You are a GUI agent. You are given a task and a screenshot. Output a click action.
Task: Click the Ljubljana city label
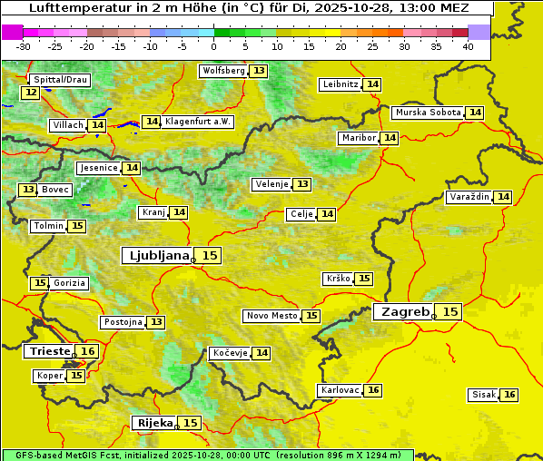[157, 256]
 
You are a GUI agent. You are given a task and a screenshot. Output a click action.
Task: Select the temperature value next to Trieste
[88, 351]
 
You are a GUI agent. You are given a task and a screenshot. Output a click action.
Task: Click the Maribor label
[358, 138]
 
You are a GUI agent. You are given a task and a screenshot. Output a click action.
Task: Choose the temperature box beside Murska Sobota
[475, 113]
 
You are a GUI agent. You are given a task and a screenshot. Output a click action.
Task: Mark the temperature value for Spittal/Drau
[31, 93]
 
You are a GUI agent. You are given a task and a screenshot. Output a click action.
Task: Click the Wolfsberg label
[223, 71]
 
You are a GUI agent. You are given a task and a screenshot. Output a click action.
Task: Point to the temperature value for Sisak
[509, 395]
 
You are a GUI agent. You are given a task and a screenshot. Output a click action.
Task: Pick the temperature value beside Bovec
[29, 190]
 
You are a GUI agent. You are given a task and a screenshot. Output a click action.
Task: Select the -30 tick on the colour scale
[24, 46]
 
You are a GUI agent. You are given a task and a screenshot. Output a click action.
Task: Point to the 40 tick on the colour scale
[468, 46]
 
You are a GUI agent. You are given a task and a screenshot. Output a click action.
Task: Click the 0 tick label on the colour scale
[214, 46]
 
